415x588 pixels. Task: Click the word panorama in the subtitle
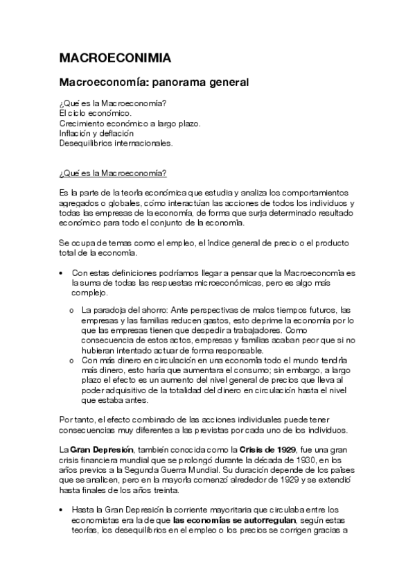[176, 83]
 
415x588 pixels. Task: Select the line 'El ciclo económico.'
[95, 114]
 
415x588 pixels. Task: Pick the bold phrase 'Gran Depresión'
[102, 451]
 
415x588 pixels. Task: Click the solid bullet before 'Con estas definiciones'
[62, 274]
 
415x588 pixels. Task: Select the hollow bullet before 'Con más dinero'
[72, 361]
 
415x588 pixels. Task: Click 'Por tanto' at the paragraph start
[77, 420]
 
